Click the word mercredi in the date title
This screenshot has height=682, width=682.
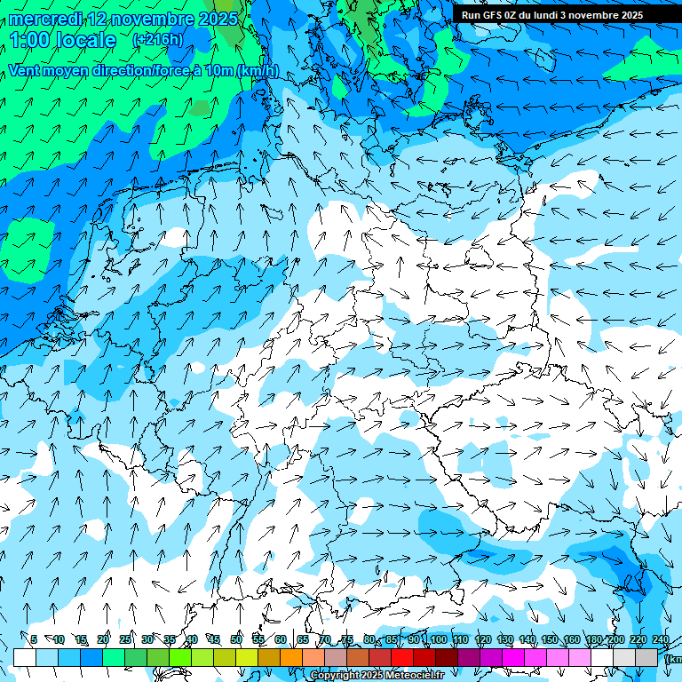click(46, 18)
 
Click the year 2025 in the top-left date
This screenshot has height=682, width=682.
click(218, 18)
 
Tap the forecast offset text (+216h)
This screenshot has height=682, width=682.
click(157, 39)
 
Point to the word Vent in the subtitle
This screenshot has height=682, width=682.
click(26, 71)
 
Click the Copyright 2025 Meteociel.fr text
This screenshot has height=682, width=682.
click(377, 676)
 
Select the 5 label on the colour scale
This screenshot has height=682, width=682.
click(34, 639)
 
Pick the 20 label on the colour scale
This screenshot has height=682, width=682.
click(103, 639)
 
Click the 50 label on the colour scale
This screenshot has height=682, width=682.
click(236, 639)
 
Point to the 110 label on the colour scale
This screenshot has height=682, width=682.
click(460, 639)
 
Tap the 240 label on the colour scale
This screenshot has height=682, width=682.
click(660, 639)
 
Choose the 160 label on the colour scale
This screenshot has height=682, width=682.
click(571, 639)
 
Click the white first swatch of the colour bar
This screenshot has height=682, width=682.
click(24, 657)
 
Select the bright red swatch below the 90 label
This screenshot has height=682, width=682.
click(402, 657)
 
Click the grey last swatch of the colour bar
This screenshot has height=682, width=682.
click(647, 657)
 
